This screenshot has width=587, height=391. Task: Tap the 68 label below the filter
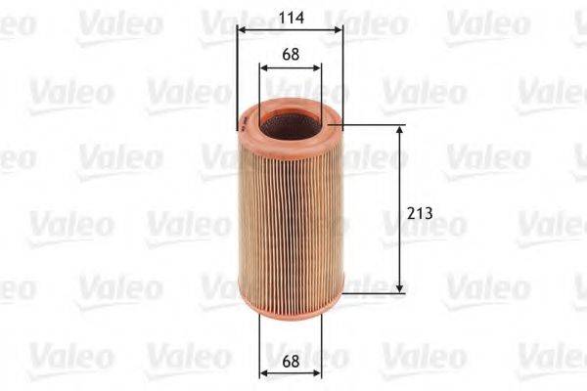point(290,361)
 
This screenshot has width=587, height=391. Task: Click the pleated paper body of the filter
point(290,215)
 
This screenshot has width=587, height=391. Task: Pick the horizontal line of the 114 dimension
point(290,29)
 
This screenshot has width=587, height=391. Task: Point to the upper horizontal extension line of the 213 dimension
point(372,125)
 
